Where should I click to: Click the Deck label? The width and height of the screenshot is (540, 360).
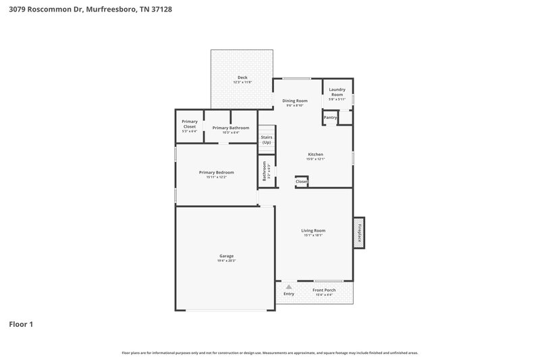coord(242,78)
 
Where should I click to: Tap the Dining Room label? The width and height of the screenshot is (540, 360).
coord(294,101)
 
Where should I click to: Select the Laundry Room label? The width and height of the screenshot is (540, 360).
coord(337,92)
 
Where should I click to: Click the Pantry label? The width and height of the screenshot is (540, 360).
coord(330,118)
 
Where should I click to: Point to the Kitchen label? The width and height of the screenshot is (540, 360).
coord(315,154)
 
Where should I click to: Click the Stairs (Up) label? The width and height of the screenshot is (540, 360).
coord(267,140)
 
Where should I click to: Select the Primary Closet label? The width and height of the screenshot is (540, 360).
coord(190,124)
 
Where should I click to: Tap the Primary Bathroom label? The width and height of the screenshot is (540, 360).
coord(231,128)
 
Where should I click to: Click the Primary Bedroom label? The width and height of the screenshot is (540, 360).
coord(216,172)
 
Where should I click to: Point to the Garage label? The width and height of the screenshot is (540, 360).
coord(226,256)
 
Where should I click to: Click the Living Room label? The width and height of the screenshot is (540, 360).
coord(313,230)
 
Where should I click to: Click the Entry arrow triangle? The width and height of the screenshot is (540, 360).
coord(289,287)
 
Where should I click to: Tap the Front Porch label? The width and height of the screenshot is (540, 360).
coord(324,290)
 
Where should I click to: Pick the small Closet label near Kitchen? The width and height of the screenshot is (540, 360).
coord(302,181)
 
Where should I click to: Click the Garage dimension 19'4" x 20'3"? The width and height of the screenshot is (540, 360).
coord(226,261)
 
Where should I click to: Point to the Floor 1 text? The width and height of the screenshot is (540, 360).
coord(21,324)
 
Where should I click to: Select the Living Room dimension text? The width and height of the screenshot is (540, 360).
coord(313,235)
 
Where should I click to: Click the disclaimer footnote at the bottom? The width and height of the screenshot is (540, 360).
coord(269,353)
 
